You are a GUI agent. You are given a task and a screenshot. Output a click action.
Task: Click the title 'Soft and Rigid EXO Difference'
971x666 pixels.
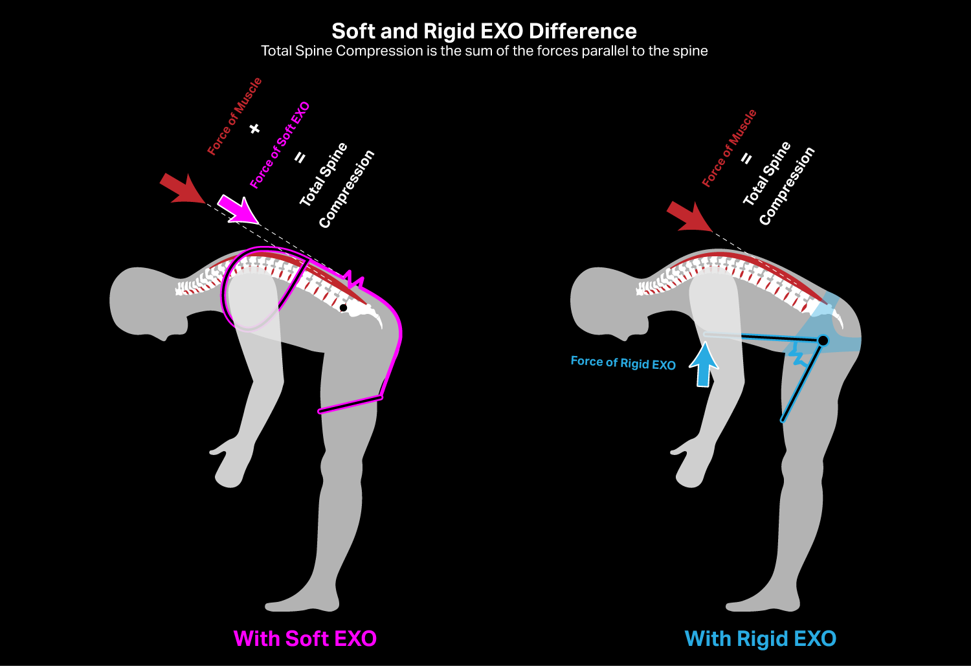tap(484, 31)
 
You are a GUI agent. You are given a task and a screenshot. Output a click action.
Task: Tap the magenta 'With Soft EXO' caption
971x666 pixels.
tap(305, 639)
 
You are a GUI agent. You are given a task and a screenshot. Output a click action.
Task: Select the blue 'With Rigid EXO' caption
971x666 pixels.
tap(761, 639)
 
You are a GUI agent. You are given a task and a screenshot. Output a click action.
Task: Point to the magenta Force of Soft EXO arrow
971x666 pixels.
tap(237, 209)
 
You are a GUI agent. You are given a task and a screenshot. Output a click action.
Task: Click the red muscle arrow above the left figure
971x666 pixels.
tap(181, 189)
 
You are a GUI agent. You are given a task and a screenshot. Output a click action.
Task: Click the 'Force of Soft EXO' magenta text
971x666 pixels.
tap(280, 145)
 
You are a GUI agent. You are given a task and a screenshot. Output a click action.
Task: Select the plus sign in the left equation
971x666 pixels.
tap(254, 129)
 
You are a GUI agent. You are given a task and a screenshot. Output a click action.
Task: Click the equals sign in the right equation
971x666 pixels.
tap(746, 158)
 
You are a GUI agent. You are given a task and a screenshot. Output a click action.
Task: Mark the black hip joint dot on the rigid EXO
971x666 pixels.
tap(823, 340)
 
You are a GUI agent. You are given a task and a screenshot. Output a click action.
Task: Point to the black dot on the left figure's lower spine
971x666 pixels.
tap(344, 307)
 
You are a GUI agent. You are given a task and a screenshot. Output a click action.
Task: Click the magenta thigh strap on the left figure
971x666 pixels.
tap(350, 404)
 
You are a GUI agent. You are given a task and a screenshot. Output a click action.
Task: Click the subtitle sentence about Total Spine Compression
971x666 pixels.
tap(484, 51)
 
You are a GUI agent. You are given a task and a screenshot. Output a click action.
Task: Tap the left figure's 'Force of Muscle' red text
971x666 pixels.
tap(234, 116)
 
